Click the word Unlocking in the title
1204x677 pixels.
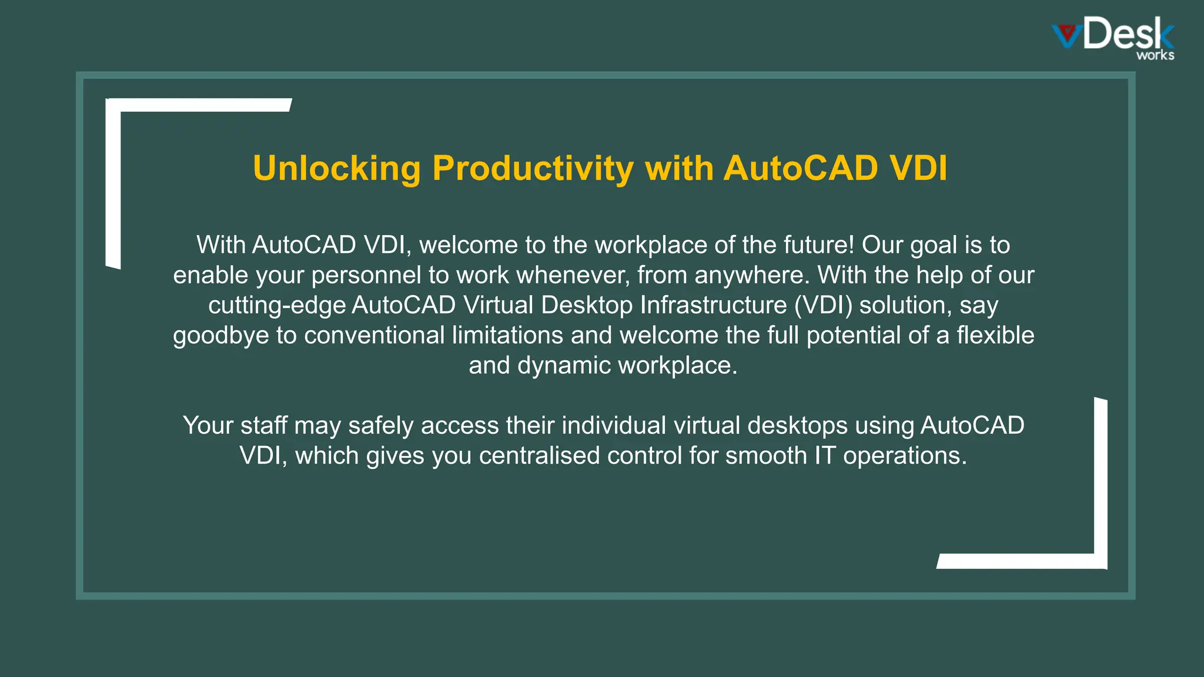click(x=336, y=169)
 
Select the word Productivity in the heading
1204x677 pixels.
click(x=533, y=169)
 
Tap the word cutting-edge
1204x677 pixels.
click(x=276, y=306)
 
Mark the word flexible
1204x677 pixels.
click(x=995, y=336)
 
